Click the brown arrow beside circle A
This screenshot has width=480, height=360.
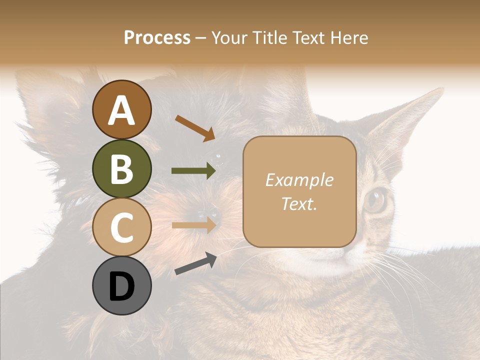195,127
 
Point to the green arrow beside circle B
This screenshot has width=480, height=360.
193,171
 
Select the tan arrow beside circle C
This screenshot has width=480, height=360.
193,225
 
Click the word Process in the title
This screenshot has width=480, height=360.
157,37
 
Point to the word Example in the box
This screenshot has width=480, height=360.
299,180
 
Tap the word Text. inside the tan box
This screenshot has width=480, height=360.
299,203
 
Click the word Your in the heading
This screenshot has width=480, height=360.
228,37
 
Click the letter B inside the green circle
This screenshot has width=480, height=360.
121,169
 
